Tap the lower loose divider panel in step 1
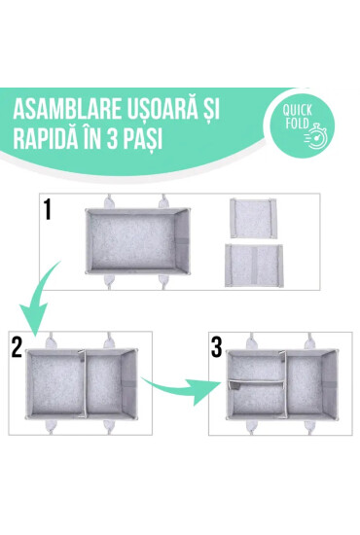pyautogui.click(x=258, y=264)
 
